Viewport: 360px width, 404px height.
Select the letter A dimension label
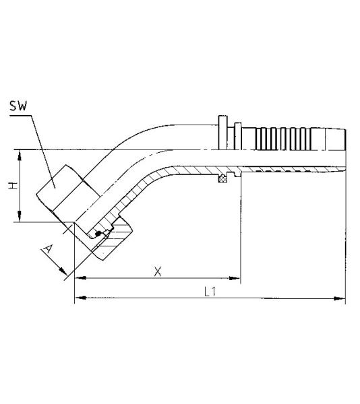coord(47,250)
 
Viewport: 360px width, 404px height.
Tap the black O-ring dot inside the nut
coord(98,234)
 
